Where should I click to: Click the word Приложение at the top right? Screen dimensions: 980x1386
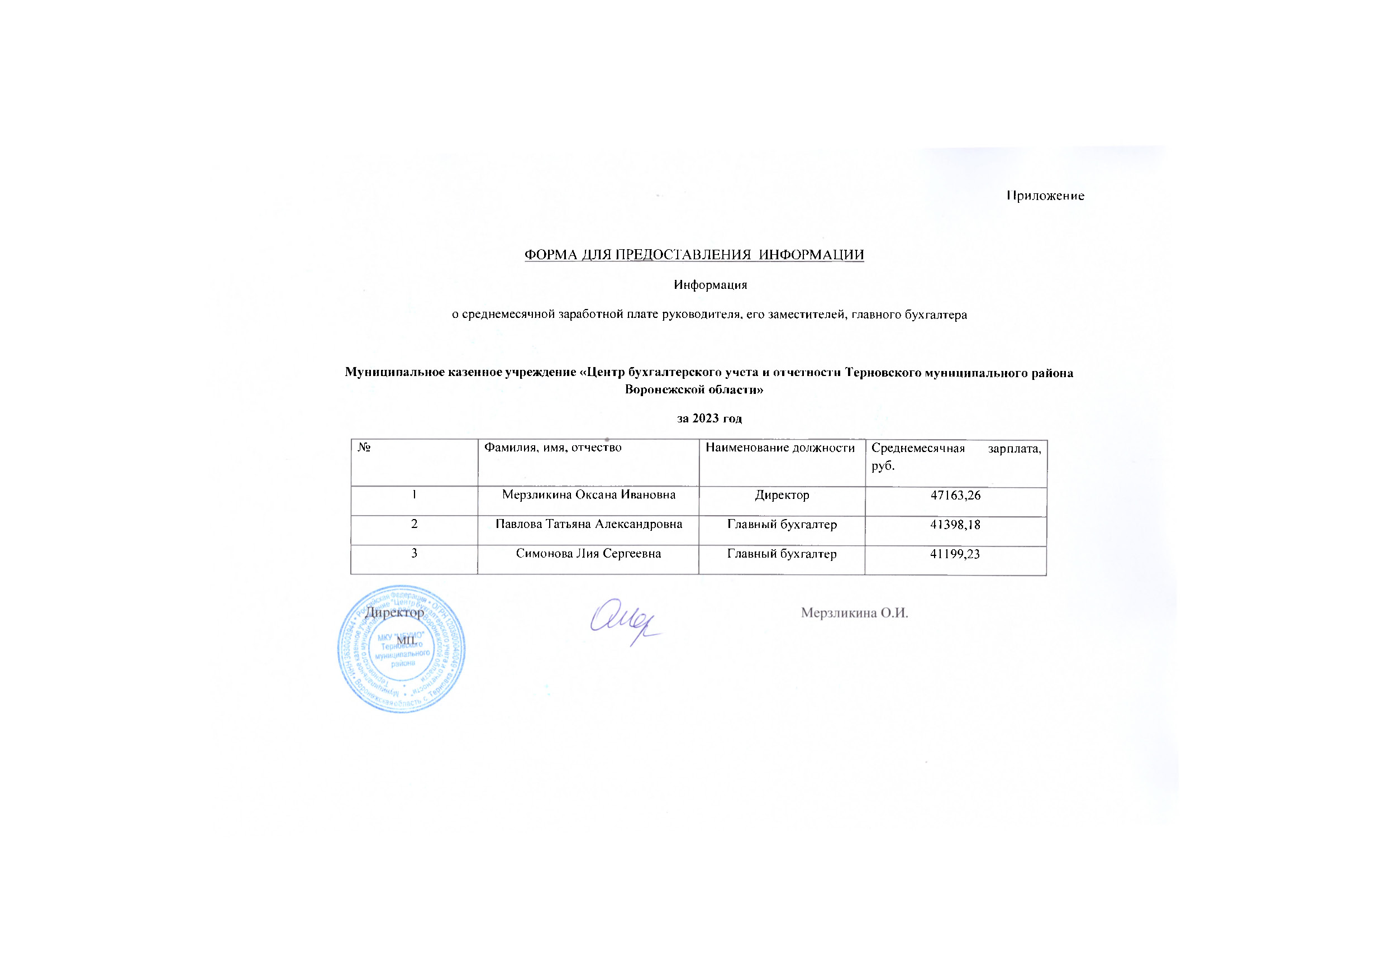coord(1045,196)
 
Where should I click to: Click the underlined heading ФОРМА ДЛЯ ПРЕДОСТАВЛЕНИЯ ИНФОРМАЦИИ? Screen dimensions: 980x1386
coord(694,255)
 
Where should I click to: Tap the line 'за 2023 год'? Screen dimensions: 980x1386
coord(709,418)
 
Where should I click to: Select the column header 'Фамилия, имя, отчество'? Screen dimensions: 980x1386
coord(553,448)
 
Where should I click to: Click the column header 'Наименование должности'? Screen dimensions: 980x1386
coord(780,448)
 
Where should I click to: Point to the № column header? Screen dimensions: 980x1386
coord(364,448)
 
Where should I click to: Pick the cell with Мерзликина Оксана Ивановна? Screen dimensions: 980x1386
coord(589,495)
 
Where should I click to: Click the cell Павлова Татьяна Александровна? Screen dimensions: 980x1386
coord(589,524)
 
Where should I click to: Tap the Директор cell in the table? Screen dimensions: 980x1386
coord(782,495)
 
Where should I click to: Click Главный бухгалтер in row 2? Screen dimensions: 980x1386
coord(782,524)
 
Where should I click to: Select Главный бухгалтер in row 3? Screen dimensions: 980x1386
coord(782,554)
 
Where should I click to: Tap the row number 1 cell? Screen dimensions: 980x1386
coord(414,494)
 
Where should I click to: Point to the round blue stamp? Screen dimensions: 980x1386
coord(402,649)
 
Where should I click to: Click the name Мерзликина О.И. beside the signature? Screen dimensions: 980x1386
coord(854,613)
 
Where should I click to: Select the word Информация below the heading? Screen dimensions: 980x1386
coord(710,285)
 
